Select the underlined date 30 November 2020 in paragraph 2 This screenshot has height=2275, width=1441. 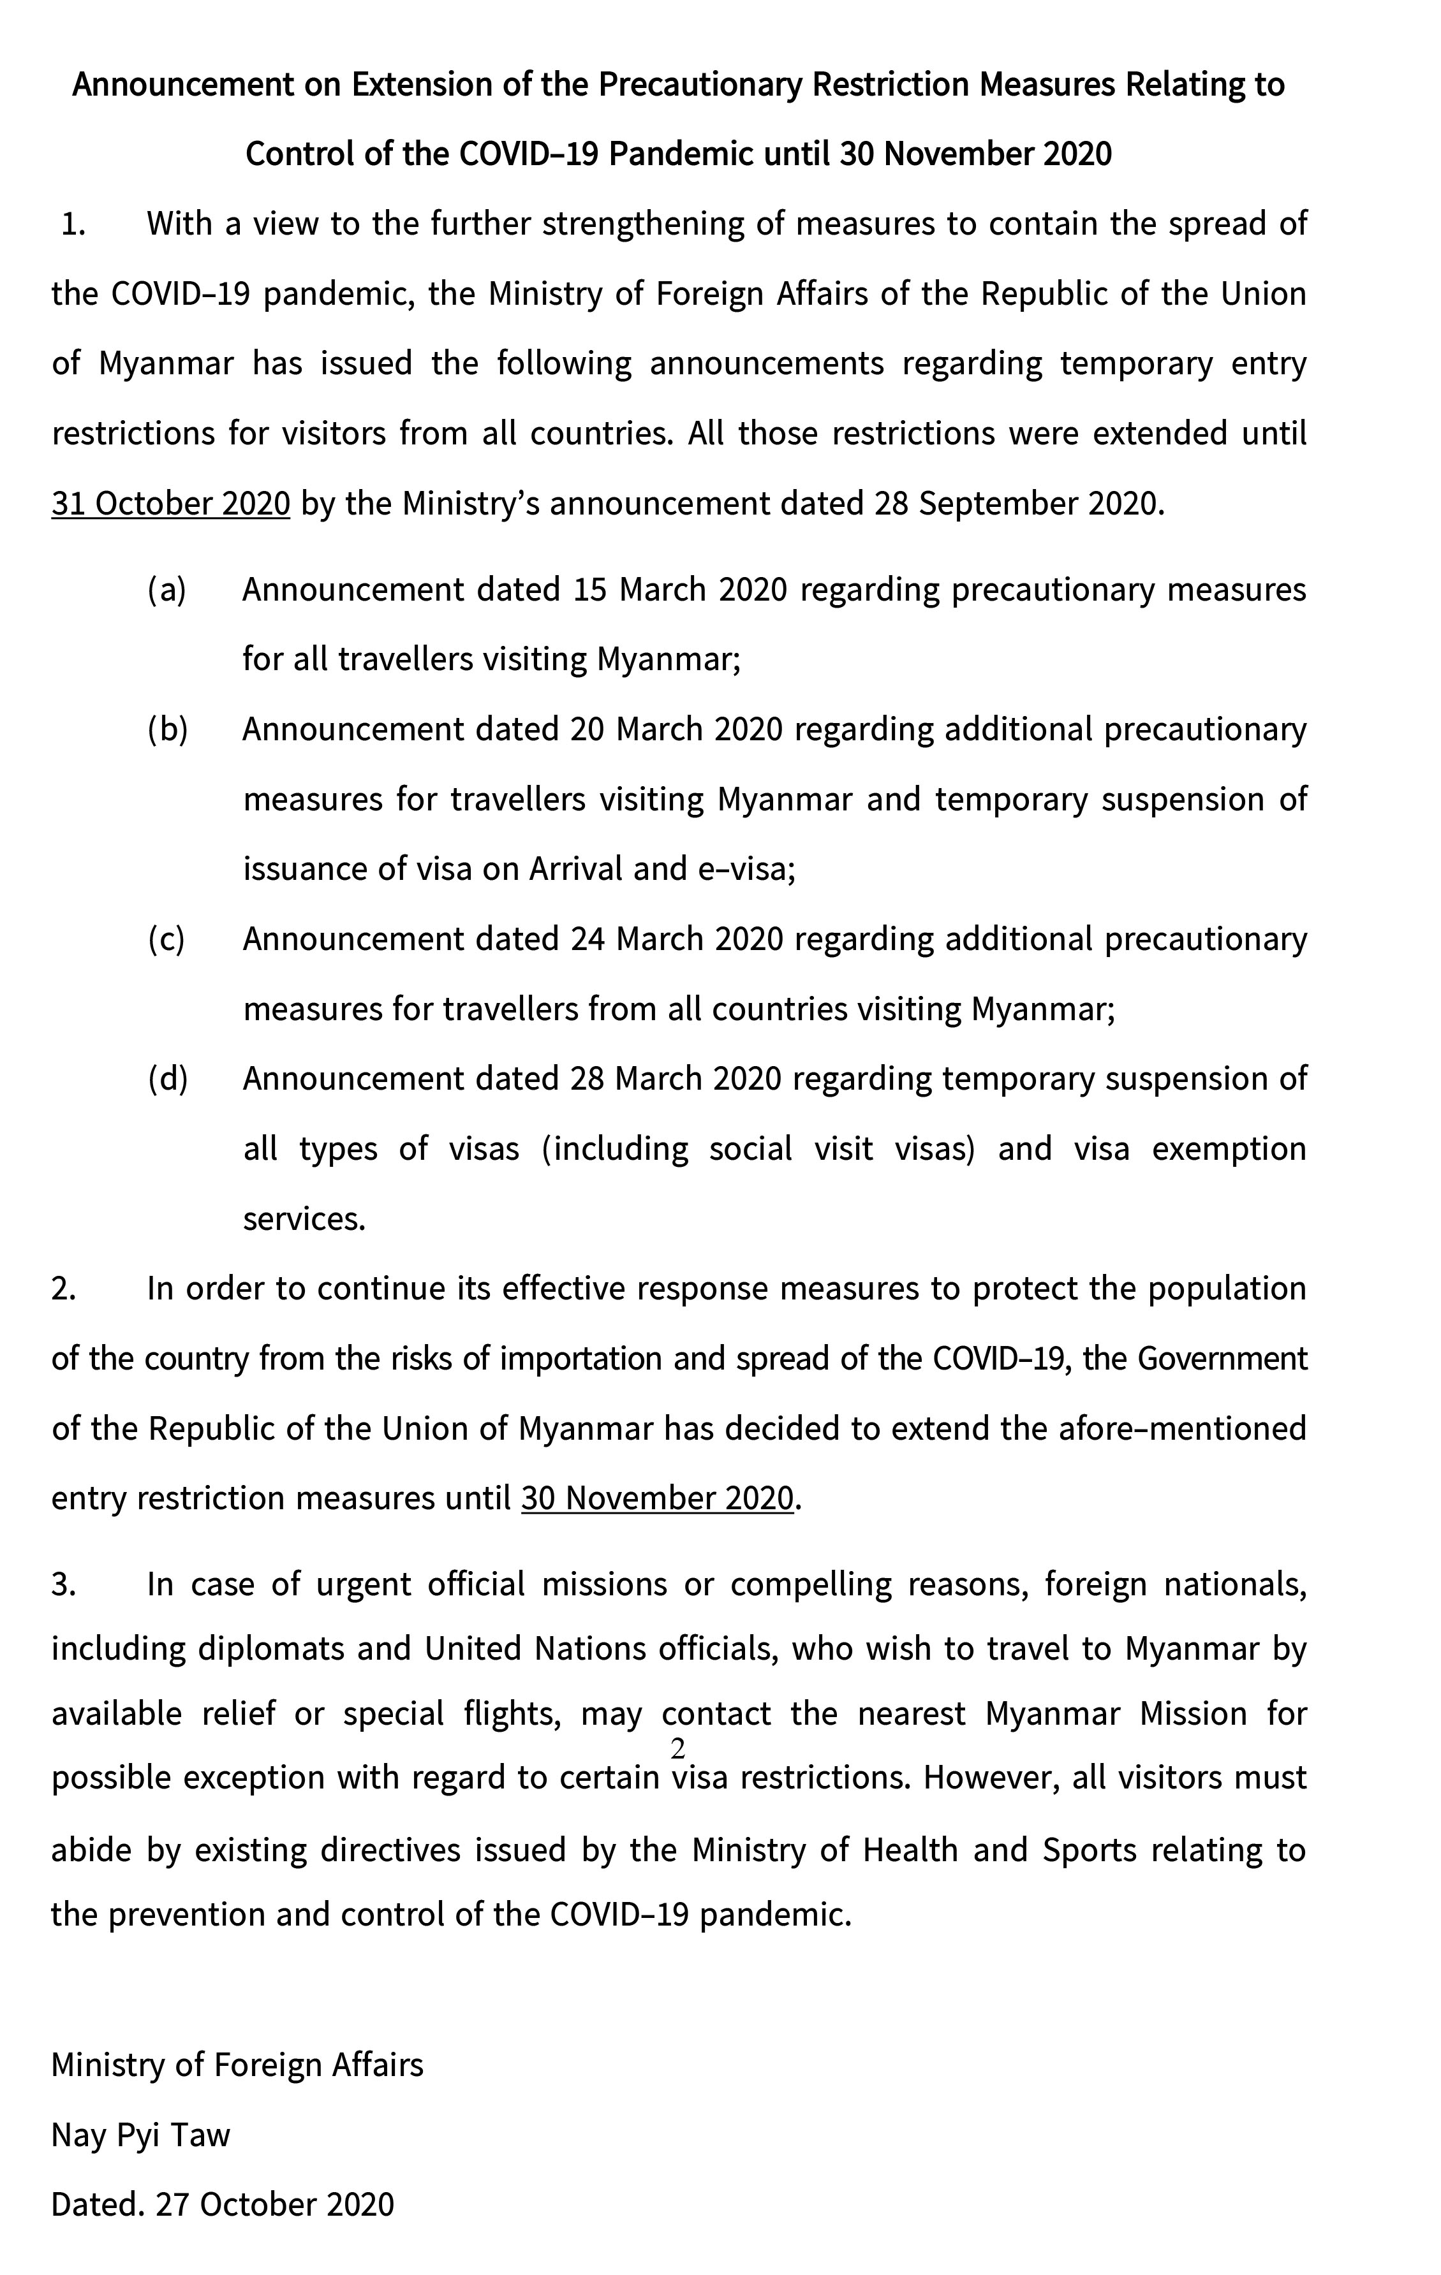657,1498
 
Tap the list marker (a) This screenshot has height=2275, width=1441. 167,590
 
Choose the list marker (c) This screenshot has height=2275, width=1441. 167,939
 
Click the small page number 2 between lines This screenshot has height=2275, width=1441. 677,1750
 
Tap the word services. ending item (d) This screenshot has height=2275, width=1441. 304,1218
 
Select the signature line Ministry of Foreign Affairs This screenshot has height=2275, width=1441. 237,2065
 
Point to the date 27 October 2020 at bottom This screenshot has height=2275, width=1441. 275,2204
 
